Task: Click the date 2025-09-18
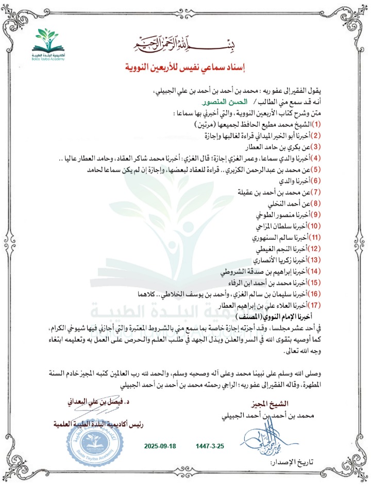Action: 160,444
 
